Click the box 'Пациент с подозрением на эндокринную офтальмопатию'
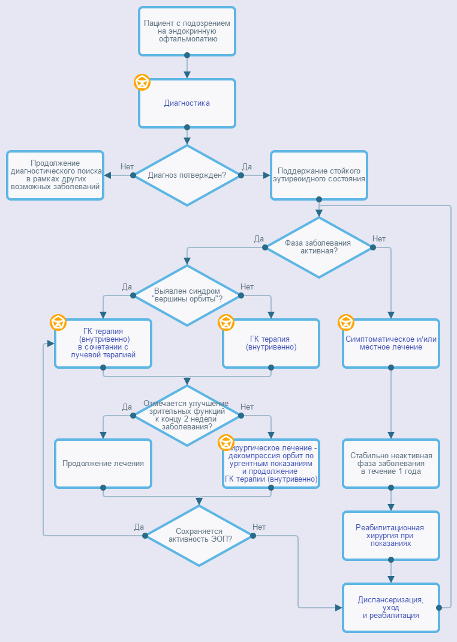187,31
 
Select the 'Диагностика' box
187,103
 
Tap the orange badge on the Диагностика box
142,82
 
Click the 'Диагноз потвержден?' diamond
187,175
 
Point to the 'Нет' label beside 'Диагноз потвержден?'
127,166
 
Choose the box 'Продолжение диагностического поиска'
55,175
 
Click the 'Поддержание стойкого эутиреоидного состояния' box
319,175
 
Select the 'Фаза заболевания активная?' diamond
319,247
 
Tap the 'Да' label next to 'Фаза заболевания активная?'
258,238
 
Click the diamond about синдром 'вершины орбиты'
187,295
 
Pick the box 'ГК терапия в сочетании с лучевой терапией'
103,344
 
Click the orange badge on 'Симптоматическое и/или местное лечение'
346,323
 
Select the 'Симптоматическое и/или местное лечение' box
391,344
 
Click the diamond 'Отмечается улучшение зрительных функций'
187,416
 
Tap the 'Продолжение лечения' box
103,464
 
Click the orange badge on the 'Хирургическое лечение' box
226,443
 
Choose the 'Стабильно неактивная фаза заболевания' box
391,464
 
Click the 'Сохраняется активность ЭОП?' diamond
199,536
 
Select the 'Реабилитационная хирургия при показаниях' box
391,536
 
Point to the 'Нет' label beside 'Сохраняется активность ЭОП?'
259,527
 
